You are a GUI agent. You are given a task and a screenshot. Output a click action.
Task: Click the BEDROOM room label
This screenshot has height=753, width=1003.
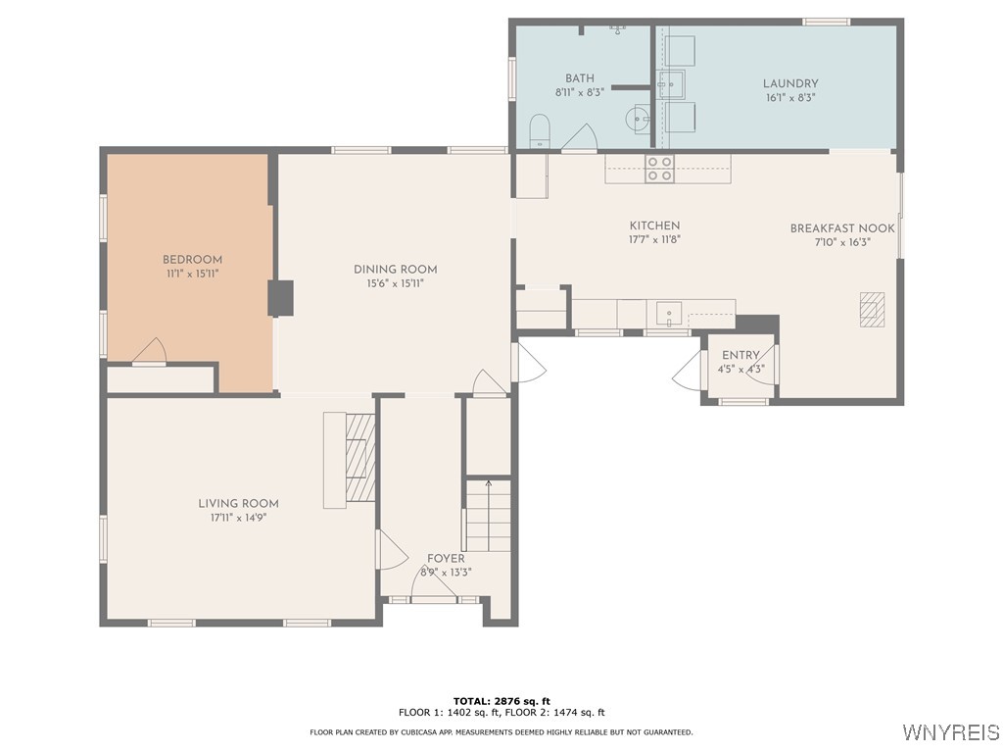tap(192, 260)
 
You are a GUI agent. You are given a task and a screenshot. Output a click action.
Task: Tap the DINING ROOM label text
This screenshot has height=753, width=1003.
tap(395, 269)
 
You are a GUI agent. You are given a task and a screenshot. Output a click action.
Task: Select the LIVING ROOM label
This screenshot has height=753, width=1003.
tap(238, 503)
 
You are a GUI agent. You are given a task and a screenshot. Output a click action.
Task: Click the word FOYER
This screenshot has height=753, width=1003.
tap(446, 559)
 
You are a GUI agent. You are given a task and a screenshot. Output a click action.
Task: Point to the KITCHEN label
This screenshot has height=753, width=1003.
tap(654, 226)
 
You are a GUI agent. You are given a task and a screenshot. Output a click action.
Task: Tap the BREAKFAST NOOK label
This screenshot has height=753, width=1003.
tap(842, 228)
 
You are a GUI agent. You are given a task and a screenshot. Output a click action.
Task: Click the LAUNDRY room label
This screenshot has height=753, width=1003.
tap(790, 84)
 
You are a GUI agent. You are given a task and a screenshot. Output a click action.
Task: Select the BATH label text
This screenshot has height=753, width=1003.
tap(580, 78)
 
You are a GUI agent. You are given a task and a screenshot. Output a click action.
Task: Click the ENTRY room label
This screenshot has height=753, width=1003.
tap(740, 356)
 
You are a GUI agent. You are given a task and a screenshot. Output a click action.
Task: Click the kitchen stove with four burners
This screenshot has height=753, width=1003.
tap(659, 169)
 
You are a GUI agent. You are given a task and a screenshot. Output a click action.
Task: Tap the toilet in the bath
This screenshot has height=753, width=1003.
tap(539, 129)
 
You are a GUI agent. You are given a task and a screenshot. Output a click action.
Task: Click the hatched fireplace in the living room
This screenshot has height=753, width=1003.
tap(360, 459)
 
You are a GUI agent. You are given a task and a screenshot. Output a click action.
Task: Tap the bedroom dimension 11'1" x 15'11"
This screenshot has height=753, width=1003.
tap(192, 274)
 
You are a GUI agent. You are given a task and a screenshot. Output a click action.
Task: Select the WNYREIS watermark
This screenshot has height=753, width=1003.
tap(950, 732)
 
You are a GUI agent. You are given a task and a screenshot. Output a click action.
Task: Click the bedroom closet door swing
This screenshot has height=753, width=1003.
tap(149, 351)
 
